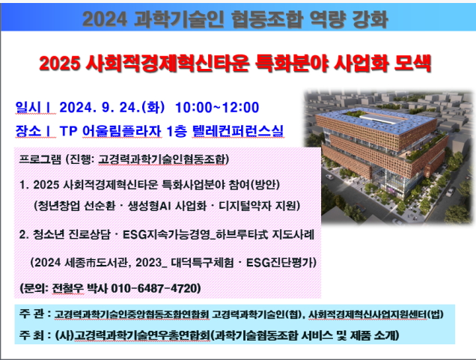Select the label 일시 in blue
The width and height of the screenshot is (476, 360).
coord(28,108)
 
